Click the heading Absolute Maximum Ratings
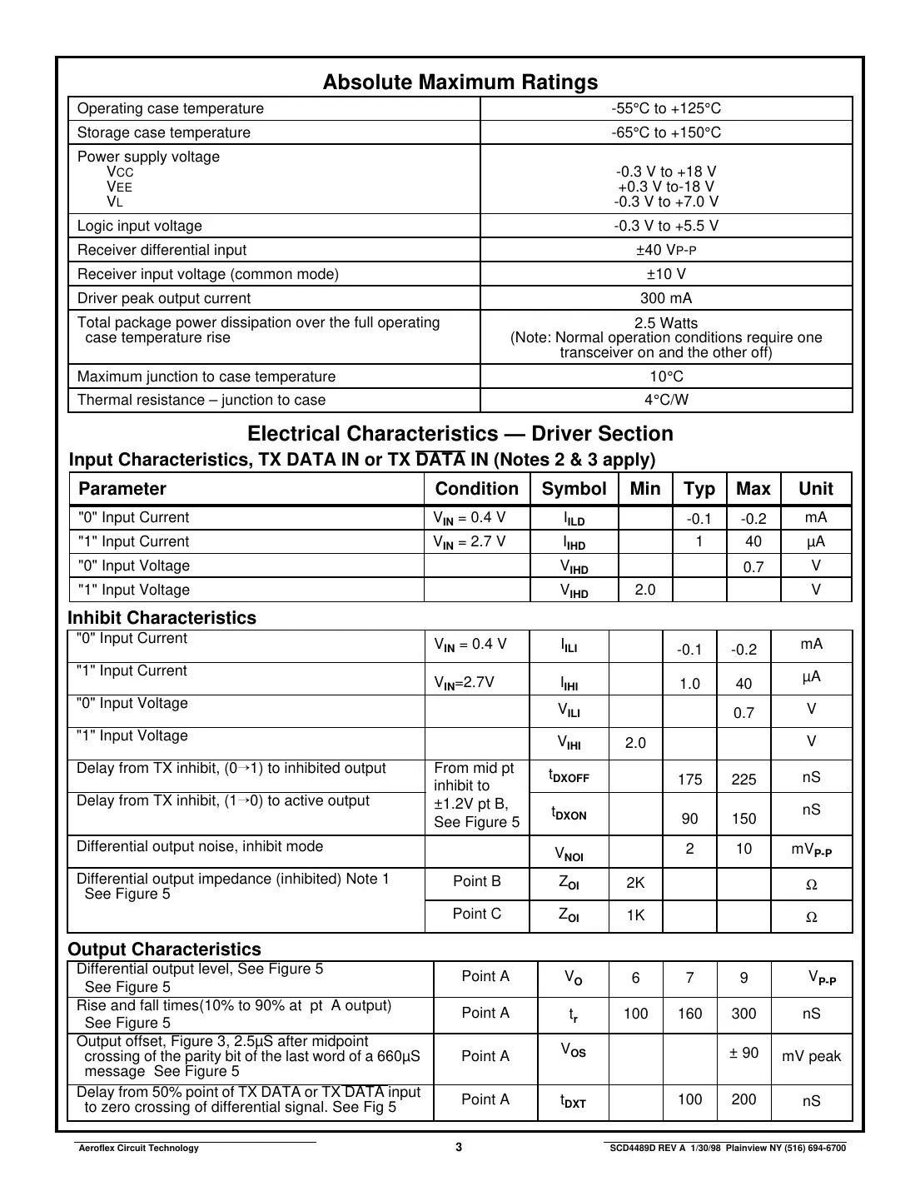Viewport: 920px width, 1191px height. (460, 82)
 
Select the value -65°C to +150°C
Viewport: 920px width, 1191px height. (666, 132)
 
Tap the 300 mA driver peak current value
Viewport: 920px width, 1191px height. (666, 298)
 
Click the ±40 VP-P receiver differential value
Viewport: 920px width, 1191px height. (666, 250)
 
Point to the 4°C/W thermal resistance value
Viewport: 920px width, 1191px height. (666, 400)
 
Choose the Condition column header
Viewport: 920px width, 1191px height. (477, 489)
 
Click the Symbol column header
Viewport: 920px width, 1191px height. (574, 489)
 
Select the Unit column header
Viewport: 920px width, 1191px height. (815, 489)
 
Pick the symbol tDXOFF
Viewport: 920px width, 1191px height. (569, 776)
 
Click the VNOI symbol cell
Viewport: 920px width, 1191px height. (569, 854)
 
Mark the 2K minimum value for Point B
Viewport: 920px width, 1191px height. (635, 883)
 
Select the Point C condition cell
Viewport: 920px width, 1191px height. (476, 914)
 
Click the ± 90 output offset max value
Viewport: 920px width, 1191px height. (743, 1053)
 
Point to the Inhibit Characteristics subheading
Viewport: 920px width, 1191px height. (162, 618)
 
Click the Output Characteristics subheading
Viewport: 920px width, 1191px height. (164, 949)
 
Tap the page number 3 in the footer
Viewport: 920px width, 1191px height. (459, 1147)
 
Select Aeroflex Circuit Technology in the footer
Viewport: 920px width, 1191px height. (138, 1148)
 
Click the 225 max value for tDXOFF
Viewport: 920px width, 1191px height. (743, 780)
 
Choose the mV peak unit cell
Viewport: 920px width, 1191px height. (811, 1056)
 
